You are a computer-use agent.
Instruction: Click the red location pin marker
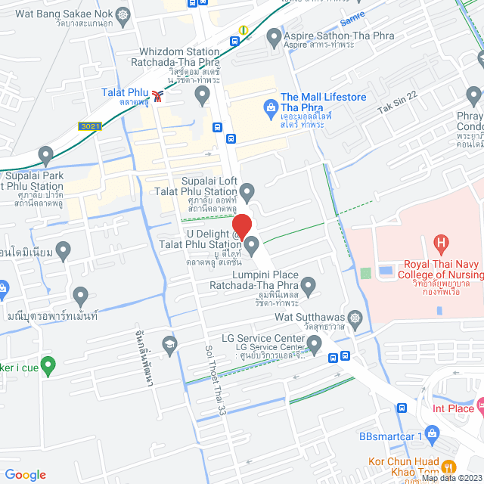(x=241, y=226)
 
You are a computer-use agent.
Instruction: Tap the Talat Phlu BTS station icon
(x=157, y=95)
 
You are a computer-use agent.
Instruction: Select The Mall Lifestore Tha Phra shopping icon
(x=268, y=107)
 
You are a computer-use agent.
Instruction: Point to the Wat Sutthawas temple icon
(x=355, y=316)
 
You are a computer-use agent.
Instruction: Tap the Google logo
(x=25, y=474)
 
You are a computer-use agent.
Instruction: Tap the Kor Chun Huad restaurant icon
(x=448, y=467)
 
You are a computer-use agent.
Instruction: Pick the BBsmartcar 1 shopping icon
(x=432, y=433)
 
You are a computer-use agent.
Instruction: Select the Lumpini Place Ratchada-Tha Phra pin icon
(x=307, y=287)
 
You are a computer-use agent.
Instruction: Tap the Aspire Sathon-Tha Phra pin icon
(x=273, y=36)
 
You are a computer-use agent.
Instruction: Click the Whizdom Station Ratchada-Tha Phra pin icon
(x=202, y=95)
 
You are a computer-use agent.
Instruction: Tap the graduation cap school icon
(x=170, y=344)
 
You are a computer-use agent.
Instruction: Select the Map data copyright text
(x=451, y=478)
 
